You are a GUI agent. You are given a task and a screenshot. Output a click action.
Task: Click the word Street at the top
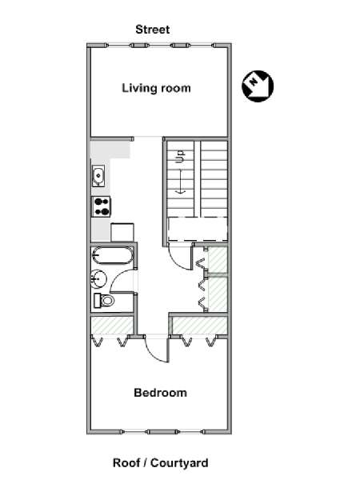[153, 30]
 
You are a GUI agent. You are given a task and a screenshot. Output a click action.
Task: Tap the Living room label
[157, 88]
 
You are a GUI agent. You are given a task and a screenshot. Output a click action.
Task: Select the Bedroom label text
[161, 393]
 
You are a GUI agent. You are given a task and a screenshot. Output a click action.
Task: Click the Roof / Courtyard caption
[161, 462]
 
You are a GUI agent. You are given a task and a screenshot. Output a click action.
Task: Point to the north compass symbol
[258, 86]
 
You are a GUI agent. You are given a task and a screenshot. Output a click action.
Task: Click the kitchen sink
[98, 176]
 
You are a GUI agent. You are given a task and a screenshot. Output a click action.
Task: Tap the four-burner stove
[102, 206]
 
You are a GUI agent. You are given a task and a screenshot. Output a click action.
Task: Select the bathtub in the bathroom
[113, 256]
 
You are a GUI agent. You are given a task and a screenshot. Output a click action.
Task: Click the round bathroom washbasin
[98, 279]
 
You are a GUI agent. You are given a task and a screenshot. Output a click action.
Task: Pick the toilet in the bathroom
[103, 300]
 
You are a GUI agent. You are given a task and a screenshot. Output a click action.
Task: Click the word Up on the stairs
[181, 156]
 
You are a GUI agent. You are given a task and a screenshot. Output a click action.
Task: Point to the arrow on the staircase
[180, 182]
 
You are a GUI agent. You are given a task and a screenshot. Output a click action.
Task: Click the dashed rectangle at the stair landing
[198, 230]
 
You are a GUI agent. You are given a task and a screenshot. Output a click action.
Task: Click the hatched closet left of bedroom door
[112, 326]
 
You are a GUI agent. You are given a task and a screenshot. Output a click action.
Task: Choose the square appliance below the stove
[122, 232]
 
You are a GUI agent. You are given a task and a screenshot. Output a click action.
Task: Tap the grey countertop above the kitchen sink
[110, 150]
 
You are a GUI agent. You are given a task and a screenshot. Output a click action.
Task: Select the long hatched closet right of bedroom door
[200, 326]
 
